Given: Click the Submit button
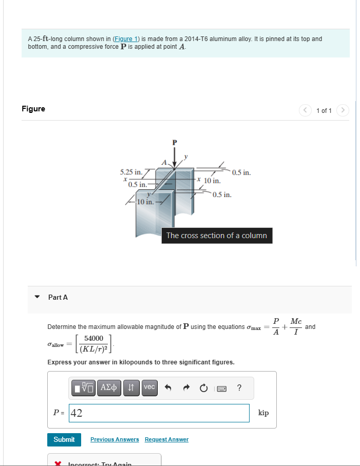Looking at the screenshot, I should click(x=64, y=439).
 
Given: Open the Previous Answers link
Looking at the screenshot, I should click(x=115, y=439).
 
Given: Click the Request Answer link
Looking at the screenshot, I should click(x=166, y=439).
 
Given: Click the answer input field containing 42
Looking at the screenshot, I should click(x=159, y=413).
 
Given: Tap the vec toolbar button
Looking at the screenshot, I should click(x=149, y=387).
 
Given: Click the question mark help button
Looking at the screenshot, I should click(x=239, y=387).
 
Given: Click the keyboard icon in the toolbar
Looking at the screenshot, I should click(x=222, y=388).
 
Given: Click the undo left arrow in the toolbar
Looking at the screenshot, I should click(x=167, y=388).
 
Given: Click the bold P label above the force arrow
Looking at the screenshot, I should click(x=174, y=141).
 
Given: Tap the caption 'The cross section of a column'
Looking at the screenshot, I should click(x=216, y=236).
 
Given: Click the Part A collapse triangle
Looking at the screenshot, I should click(x=37, y=297).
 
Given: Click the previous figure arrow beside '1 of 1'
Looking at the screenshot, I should click(x=306, y=110).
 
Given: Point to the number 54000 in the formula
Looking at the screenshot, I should click(x=94, y=338).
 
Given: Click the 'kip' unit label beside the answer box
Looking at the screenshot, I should click(x=263, y=413).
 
